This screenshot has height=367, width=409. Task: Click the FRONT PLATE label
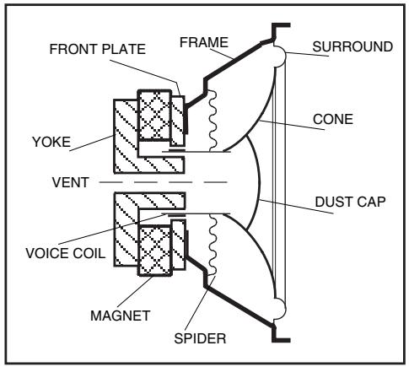tap(98, 48)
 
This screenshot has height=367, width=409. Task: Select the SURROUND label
tap(352, 47)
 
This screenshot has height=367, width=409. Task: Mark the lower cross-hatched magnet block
tap(154, 251)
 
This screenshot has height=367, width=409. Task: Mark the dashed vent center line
tap(169, 181)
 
